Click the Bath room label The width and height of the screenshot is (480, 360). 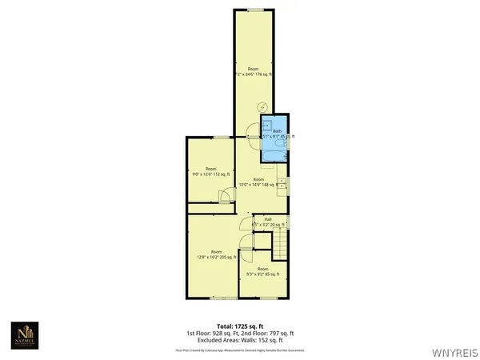click(278, 131)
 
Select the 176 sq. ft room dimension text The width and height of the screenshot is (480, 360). click(253, 74)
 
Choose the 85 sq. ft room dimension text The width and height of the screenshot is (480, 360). click(262, 274)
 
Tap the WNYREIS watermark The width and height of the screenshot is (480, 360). click(455, 351)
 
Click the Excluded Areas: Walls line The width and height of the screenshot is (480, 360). click(234, 339)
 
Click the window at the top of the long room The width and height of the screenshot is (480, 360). click(254, 10)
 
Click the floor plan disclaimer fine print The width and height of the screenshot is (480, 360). click(234, 350)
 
